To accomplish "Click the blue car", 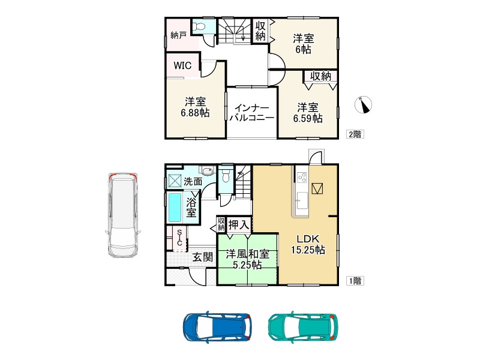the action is click(x=217, y=327).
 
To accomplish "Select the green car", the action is click(x=303, y=327).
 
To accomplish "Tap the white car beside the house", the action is click(x=122, y=216).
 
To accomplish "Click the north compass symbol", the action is click(x=364, y=104).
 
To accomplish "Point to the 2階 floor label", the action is click(x=355, y=134).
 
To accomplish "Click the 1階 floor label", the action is click(x=355, y=281).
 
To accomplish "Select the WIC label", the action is click(x=182, y=65).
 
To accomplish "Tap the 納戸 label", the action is click(x=178, y=35).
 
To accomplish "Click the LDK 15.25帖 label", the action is click(x=308, y=244).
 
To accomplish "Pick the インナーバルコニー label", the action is click(x=252, y=113).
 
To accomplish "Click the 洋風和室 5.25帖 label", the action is click(x=247, y=259).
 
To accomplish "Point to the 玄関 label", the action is click(x=202, y=257).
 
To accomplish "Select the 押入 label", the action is click(x=239, y=224).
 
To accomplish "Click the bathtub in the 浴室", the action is click(x=175, y=208).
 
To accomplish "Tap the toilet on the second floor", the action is click(x=200, y=26).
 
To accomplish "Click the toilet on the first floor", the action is click(x=226, y=175).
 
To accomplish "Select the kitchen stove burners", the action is click(x=302, y=177).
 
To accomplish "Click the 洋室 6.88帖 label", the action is click(x=195, y=107).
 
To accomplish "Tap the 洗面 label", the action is click(x=193, y=181).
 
